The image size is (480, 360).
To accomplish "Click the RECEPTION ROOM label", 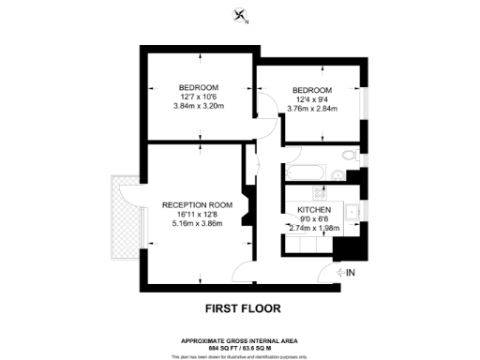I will [196, 205].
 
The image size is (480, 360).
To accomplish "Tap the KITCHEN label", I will [313, 209].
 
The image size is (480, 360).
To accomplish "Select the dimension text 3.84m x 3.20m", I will [200, 106].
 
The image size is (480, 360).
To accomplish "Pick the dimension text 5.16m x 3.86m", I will [196, 224].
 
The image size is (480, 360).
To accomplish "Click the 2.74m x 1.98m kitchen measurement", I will [314, 228].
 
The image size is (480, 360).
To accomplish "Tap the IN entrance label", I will [352, 273].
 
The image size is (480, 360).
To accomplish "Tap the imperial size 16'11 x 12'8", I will [196, 215].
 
